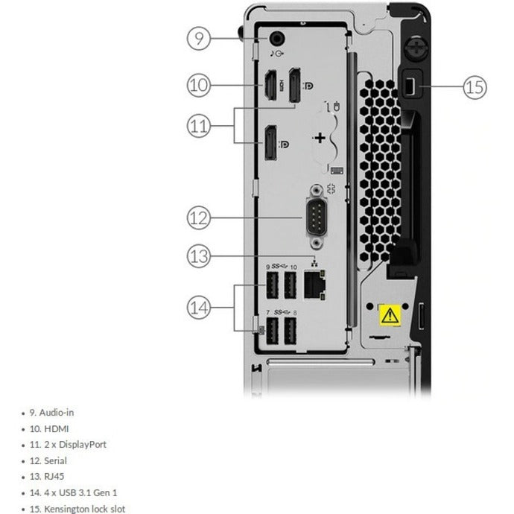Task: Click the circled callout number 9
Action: tap(199, 38)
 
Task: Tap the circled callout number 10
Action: tap(199, 85)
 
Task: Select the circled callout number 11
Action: tap(199, 126)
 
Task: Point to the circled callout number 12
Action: tap(199, 218)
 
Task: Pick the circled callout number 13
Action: tap(199, 256)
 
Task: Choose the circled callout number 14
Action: tap(199, 308)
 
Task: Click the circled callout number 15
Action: tap(475, 87)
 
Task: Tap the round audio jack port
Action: tap(276, 38)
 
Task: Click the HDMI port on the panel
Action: tap(270, 85)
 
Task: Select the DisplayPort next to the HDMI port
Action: tap(295, 85)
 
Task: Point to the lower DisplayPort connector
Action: tap(270, 143)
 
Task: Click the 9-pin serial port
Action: tap(316, 218)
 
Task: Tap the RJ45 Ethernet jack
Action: tap(314, 285)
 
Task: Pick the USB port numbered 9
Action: tap(272, 285)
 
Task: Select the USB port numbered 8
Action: tap(290, 331)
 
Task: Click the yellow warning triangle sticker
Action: tap(390, 315)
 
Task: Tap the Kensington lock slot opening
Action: tap(410, 87)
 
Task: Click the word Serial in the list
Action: tap(55, 461)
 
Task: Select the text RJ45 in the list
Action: tap(54, 477)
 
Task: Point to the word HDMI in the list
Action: tap(57, 429)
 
